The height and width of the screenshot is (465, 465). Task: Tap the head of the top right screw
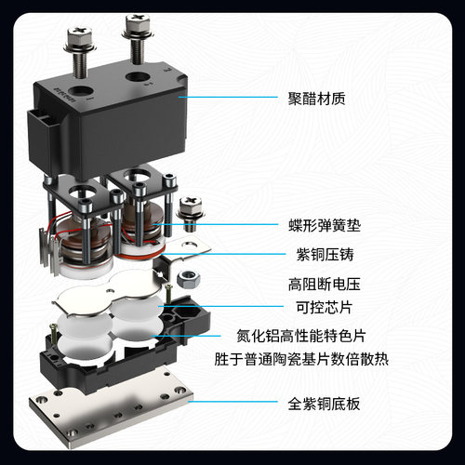[131, 18]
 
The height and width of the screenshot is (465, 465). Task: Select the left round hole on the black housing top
[85, 93]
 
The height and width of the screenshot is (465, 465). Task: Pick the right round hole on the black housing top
[137, 79]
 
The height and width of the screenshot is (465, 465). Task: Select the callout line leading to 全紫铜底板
[232, 404]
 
